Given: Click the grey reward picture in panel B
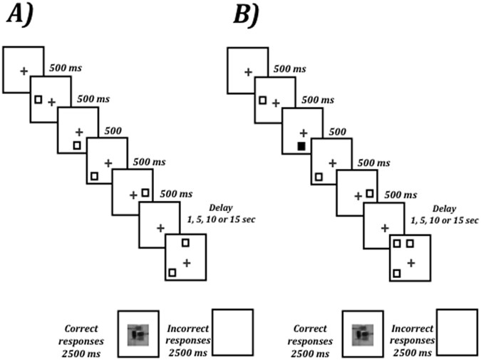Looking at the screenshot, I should [363, 332].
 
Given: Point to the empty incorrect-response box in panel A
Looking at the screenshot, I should [233, 332].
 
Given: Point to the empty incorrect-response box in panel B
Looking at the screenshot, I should [457, 332].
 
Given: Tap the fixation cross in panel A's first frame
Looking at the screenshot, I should [24, 71].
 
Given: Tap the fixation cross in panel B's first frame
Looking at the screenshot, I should [248, 71].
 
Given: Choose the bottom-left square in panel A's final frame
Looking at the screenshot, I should [172, 272].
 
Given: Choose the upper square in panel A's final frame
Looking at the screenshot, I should [185, 244].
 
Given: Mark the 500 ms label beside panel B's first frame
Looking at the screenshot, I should [290, 69].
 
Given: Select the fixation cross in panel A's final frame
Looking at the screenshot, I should [187, 262].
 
